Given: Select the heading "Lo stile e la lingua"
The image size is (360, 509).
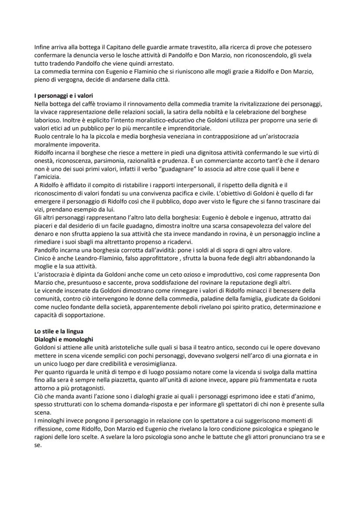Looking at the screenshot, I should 59,331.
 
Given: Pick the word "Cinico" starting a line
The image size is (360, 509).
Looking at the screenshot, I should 43,258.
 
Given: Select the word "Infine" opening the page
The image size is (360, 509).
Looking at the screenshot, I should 42,47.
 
